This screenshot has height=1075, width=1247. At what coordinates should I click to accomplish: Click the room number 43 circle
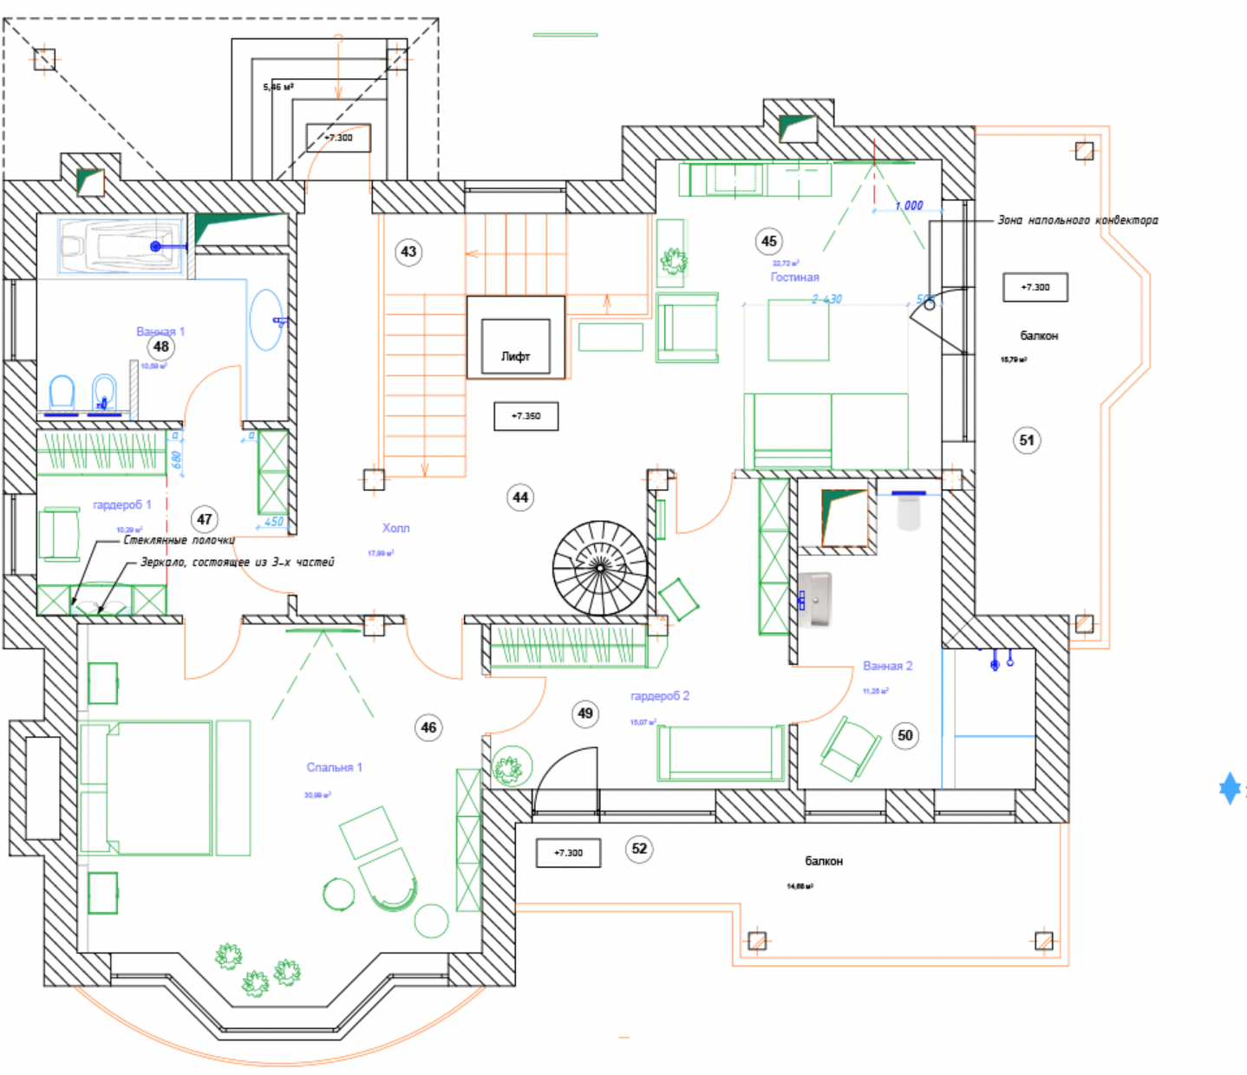(x=408, y=252)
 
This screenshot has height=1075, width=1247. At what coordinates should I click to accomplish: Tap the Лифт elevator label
(x=515, y=355)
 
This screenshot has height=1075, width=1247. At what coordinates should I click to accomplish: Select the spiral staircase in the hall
(x=600, y=568)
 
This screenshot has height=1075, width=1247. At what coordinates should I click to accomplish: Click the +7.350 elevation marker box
(x=526, y=416)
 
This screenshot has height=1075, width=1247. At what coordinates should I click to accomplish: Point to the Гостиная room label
(x=794, y=277)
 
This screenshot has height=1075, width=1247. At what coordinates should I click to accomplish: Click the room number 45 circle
(x=769, y=241)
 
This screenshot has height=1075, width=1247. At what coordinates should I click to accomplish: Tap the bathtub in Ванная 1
(x=122, y=246)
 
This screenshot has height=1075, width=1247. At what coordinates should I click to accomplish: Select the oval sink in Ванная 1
(x=267, y=320)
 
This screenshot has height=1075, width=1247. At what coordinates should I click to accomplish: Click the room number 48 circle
(x=161, y=347)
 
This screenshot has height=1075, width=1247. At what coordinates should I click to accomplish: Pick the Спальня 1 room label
(x=334, y=767)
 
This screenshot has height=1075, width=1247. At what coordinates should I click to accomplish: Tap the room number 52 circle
(x=639, y=849)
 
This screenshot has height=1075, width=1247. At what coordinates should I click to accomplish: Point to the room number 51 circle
(x=1027, y=440)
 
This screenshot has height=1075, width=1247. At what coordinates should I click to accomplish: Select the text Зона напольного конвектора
(x=1077, y=220)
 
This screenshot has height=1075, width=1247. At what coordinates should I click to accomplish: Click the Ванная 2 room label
(x=887, y=666)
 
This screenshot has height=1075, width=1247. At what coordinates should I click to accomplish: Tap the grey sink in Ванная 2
(x=816, y=599)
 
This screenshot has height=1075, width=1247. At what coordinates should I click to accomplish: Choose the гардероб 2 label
(x=660, y=696)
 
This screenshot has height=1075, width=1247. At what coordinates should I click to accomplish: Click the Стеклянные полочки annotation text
(x=179, y=540)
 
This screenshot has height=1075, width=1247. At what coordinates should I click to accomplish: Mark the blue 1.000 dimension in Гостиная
(x=909, y=205)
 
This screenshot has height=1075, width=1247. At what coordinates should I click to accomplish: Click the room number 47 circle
(x=205, y=519)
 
